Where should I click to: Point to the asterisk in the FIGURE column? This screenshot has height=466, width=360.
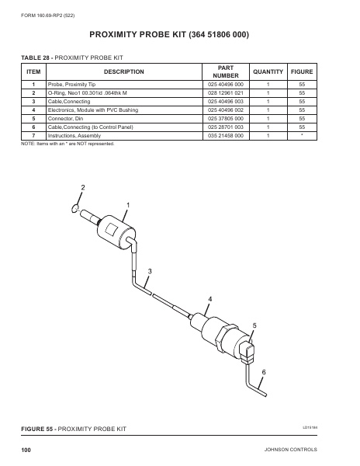click(302, 135)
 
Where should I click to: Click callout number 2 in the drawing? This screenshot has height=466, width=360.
click(83, 189)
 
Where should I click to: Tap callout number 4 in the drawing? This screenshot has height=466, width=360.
click(209, 298)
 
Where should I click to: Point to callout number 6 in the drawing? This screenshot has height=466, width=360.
click(263, 373)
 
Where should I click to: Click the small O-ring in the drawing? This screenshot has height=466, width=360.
click(74, 207)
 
